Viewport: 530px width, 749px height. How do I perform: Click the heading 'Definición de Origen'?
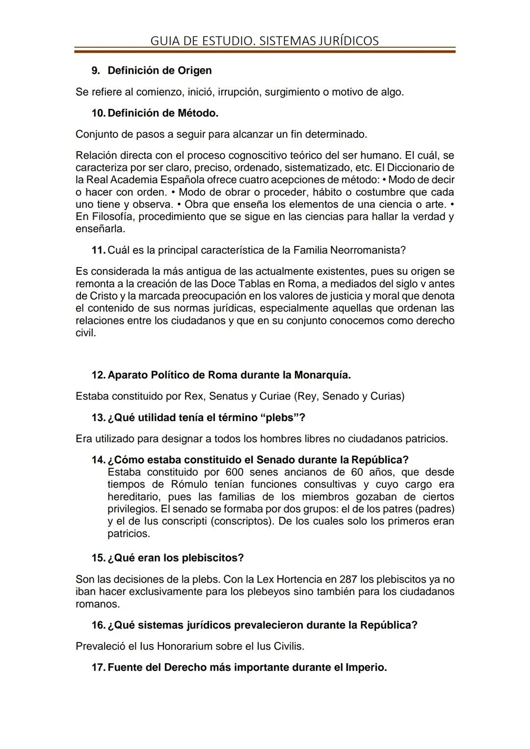159,71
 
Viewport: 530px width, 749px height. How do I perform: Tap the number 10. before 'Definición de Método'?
98,113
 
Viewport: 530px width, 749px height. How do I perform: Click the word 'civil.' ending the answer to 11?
85,333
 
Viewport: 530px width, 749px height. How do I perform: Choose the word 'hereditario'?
133,497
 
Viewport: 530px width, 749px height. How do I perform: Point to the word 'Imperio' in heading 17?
365,668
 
